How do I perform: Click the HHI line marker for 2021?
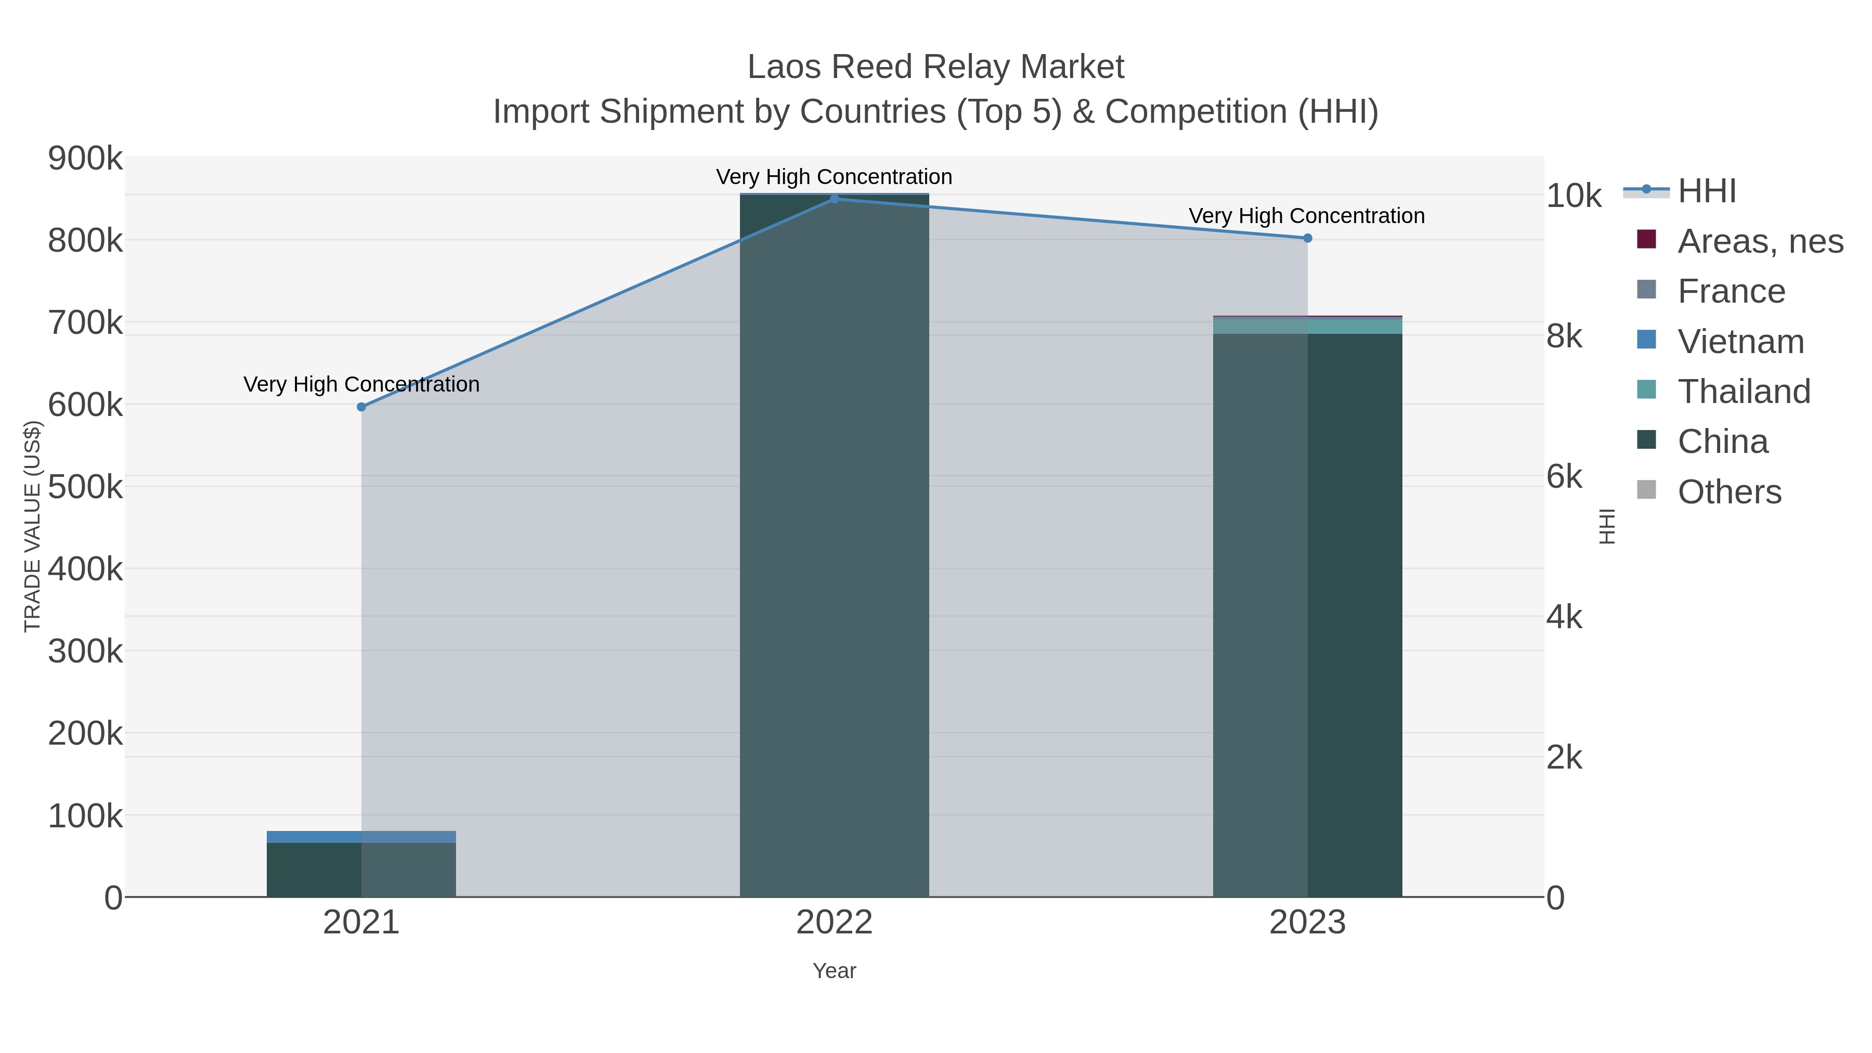(361, 407)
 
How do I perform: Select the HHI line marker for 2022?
(834, 199)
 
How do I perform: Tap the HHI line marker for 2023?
(1307, 238)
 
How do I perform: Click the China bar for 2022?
(834, 545)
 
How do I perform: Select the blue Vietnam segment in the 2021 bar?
(361, 837)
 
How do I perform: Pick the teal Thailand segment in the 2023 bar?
(1307, 326)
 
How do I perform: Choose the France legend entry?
(1731, 291)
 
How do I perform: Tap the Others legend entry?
(1729, 492)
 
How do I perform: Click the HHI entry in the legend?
(1706, 191)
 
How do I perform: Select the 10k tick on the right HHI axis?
(1574, 196)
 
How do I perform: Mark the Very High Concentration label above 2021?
(361, 384)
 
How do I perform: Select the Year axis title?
(834, 971)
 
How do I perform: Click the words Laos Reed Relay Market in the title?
(935, 67)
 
